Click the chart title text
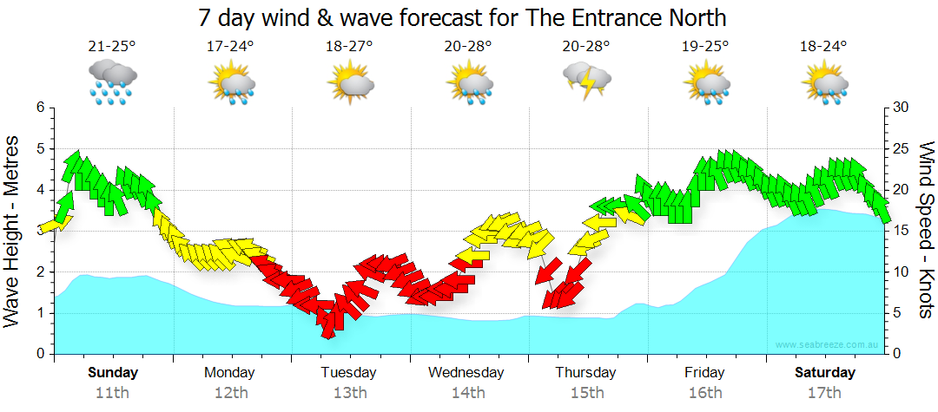462,16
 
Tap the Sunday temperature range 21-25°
112,47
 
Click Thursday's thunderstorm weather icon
586,81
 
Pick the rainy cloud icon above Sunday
112,82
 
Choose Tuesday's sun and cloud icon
350,82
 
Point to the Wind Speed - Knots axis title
926,231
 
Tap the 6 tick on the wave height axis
39,108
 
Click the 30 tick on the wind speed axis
901,108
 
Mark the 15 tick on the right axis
901,231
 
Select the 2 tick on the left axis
39,271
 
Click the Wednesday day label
466,372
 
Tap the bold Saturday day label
824,372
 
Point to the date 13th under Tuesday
348,392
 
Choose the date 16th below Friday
704,392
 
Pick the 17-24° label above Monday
230,47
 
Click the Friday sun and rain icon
706,82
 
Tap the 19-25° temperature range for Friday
705,47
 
